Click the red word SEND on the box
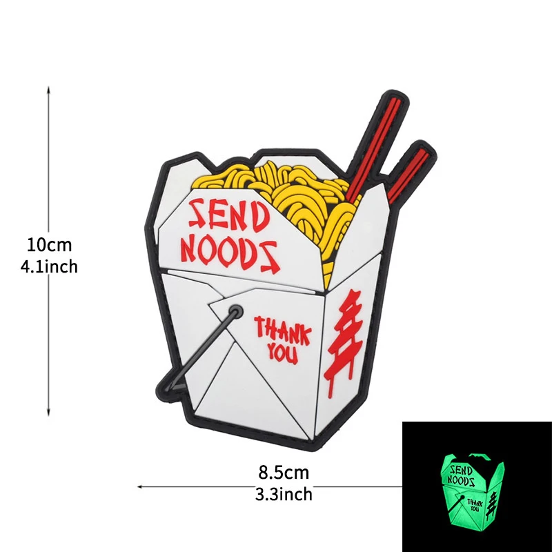click(228, 215)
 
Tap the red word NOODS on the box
click(230, 255)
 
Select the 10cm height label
click(49, 244)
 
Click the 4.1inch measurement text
click(49, 266)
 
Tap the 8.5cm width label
click(284, 473)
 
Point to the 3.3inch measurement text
click(284, 494)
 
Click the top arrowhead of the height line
click(48, 88)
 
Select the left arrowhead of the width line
click(138, 487)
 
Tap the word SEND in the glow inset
click(462, 470)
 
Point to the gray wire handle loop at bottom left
click(197, 352)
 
